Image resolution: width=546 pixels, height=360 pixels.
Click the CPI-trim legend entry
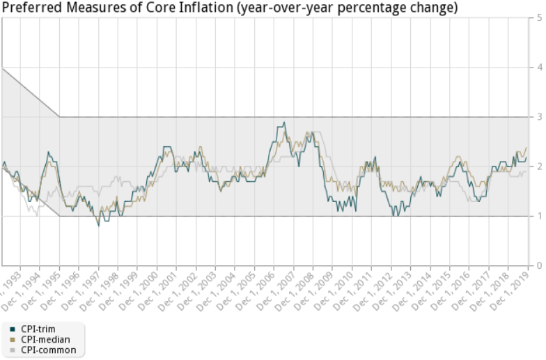39,329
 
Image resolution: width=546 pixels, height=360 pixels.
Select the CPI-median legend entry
44,339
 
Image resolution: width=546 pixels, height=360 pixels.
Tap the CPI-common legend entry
47,350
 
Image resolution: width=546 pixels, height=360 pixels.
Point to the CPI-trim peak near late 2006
283,123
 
